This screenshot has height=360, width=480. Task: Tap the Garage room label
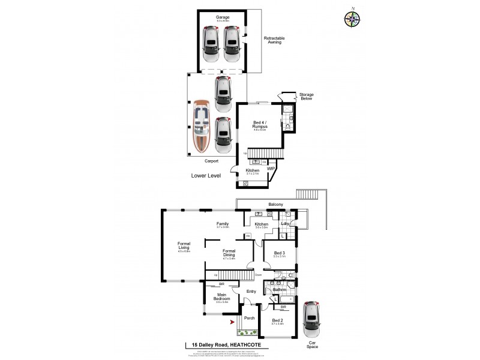tap(222, 18)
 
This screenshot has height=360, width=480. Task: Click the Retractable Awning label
tap(274, 41)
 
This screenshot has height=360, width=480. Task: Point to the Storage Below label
tap(307, 97)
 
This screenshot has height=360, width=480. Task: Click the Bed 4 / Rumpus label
tap(260, 124)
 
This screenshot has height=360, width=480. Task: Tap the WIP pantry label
tap(271, 169)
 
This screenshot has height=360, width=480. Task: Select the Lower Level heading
tap(206, 176)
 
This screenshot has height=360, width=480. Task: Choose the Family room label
tap(223, 224)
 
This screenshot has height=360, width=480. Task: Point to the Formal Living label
tap(184, 246)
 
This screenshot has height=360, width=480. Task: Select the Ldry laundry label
tap(285, 224)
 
